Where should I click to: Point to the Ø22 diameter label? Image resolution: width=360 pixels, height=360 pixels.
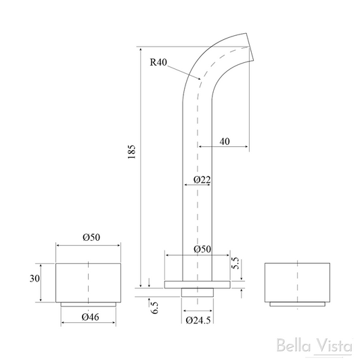202,180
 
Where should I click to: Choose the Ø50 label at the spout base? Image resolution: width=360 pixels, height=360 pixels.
202,248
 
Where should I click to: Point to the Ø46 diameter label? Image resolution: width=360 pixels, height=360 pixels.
89,317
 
